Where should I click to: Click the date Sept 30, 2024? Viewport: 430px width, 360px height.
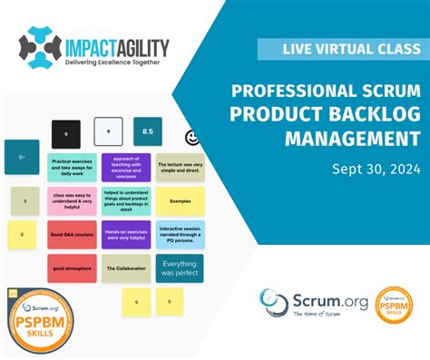[375, 168]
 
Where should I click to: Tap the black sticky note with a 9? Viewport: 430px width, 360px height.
[65, 134]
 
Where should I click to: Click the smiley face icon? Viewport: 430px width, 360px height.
[191, 137]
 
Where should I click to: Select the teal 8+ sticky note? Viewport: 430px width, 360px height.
[22, 157]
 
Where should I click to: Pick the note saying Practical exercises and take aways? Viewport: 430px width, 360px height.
[72, 167]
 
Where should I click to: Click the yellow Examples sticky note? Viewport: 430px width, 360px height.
[180, 200]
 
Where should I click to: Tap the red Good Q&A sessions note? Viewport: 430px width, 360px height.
[72, 235]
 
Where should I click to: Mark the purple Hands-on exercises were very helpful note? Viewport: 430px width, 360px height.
[126, 235]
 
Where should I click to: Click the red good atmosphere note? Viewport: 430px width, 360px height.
[72, 268]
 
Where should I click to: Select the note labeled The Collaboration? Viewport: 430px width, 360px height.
[126, 268]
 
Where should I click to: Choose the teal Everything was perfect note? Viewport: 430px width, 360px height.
[180, 268]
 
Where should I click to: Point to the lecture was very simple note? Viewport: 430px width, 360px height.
[180, 167]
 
